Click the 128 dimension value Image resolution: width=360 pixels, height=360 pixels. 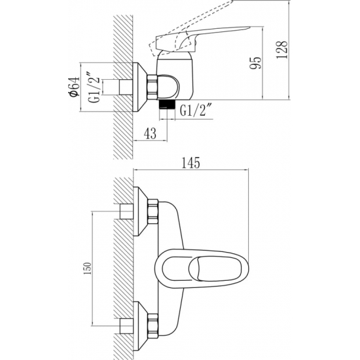[x=281, y=50]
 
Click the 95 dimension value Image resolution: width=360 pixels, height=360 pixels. [x=255, y=63]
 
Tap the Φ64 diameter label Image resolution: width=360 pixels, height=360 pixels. [x=75, y=87]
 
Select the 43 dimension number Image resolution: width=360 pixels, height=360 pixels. [x=151, y=134]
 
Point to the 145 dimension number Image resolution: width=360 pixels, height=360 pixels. [x=190, y=163]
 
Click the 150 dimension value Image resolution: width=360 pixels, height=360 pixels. [x=88, y=268]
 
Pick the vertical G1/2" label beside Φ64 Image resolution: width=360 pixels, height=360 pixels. [x=94, y=88]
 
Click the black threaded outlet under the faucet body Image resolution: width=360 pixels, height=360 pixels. [x=167, y=104]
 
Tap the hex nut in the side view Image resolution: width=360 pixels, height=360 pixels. [x=152, y=87]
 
